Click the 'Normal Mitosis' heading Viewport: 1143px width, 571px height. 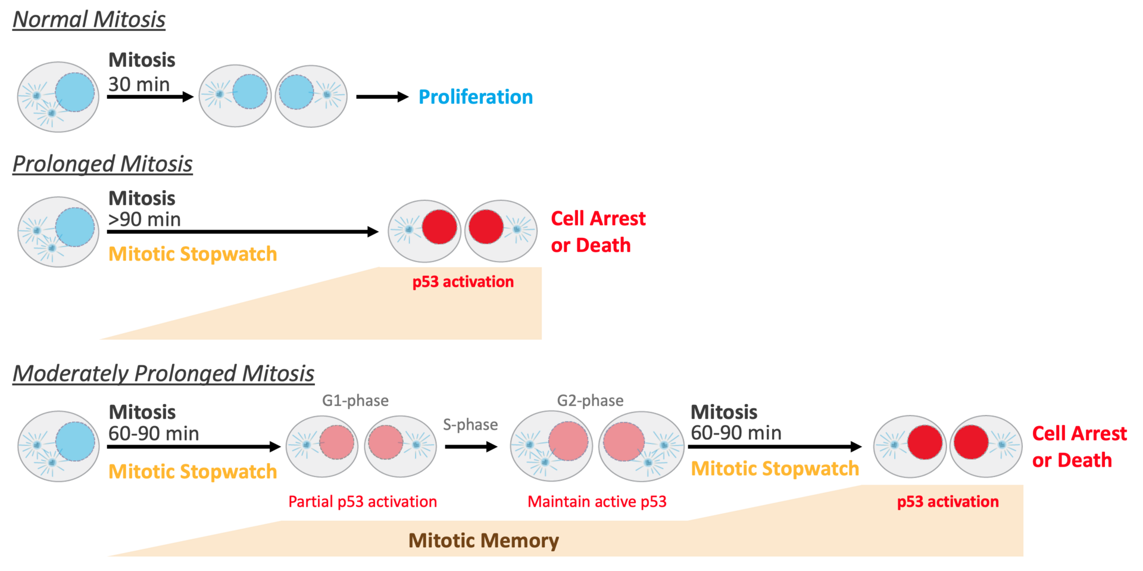coord(89,20)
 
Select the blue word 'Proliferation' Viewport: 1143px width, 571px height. coord(476,97)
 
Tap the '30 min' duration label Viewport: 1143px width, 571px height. coord(139,84)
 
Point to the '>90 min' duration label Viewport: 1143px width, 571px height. coord(145,219)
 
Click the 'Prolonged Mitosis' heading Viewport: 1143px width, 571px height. coord(102,164)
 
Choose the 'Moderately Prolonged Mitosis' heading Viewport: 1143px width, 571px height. coord(163,374)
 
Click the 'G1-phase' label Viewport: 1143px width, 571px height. coord(355,401)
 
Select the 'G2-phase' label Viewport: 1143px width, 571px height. coord(590,401)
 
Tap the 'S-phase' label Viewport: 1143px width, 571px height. coord(470,424)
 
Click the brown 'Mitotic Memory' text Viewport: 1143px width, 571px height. coord(483,541)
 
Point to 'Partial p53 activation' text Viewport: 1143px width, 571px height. coord(363,502)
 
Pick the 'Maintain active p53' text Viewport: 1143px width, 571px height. coord(597,502)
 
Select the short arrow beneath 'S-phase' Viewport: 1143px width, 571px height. coord(471,447)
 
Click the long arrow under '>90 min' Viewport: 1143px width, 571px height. coord(242,231)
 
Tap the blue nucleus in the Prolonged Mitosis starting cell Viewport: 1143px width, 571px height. coord(75,227)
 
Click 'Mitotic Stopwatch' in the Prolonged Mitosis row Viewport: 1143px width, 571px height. coord(192,254)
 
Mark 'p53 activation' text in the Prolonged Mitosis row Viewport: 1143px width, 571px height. coord(463,282)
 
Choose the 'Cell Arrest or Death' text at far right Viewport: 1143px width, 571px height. coord(1079,446)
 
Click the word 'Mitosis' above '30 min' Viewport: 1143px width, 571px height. coord(142,60)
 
